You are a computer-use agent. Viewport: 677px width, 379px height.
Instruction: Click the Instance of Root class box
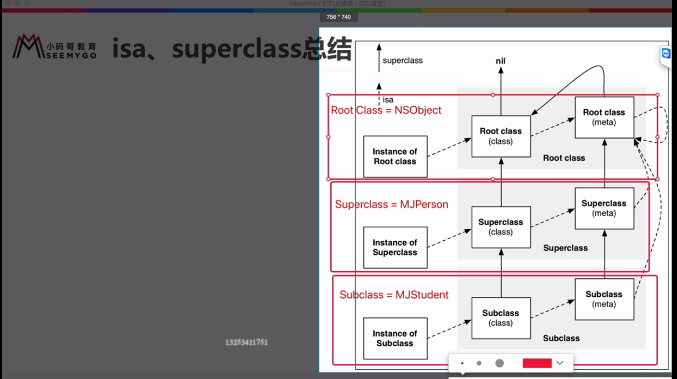tap(395, 156)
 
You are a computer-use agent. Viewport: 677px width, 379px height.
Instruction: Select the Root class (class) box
tap(501, 136)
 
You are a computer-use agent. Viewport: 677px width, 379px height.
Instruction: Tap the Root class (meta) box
tap(604, 117)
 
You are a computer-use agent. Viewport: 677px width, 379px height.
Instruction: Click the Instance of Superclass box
tap(395, 247)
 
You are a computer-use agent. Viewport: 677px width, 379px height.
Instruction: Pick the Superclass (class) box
tap(501, 227)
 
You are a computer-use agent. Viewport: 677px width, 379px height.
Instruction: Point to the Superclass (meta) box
tap(604, 208)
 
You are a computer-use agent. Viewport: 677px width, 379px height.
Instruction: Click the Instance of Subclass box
tap(395, 338)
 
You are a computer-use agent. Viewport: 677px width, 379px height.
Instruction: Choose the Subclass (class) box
tap(501, 318)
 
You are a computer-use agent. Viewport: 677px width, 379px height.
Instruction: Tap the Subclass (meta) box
tap(604, 299)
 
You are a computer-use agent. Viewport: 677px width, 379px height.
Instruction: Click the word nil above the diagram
tap(500, 61)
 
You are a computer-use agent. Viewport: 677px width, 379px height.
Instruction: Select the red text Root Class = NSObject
tap(386, 110)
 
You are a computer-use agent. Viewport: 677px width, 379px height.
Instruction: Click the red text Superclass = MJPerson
tap(392, 204)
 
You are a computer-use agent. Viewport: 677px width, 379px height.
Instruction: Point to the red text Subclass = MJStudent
tap(394, 295)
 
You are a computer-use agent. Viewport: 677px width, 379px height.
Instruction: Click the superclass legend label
tap(402, 60)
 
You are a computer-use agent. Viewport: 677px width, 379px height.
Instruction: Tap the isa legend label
tap(388, 100)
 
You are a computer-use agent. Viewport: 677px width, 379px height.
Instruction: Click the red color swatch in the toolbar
tap(537, 363)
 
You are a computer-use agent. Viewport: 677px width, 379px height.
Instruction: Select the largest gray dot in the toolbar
tap(499, 363)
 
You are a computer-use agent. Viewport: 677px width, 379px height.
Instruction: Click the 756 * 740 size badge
tap(338, 17)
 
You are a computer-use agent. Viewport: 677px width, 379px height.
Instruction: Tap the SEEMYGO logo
tap(55, 46)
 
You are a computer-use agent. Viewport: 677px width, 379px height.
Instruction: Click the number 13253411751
tap(246, 342)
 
